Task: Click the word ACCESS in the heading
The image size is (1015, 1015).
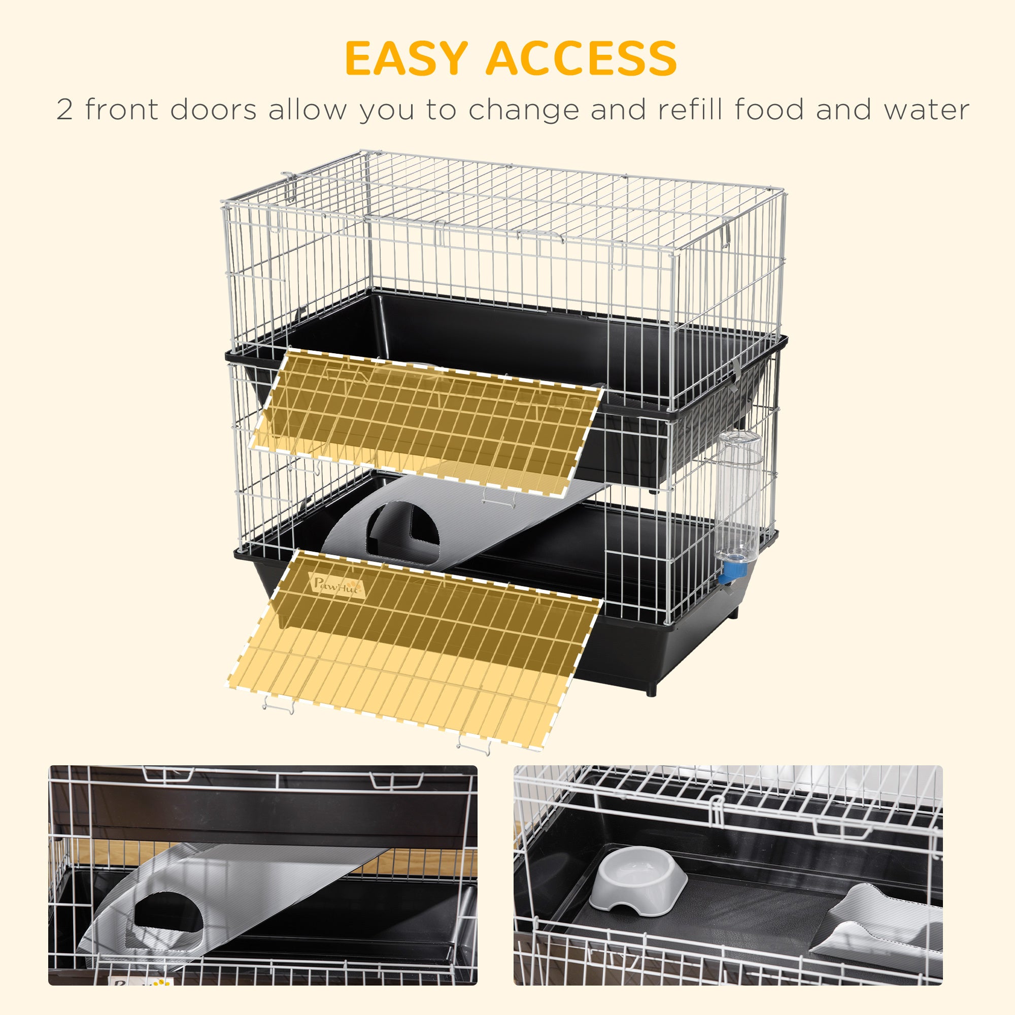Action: pos(581,58)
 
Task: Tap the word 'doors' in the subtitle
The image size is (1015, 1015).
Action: pos(213,110)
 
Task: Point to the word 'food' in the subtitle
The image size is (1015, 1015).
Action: pos(770,110)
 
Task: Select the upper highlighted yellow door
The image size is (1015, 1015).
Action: pos(426,420)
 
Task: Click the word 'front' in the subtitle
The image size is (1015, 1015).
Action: pos(121,110)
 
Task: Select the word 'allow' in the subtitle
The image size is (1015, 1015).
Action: pos(308,110)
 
